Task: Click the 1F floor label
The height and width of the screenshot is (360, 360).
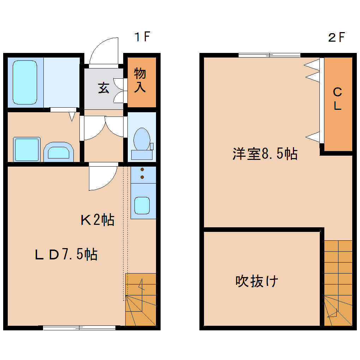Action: [x=143, y=37]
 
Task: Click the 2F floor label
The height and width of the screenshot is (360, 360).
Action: [x=336, y=37]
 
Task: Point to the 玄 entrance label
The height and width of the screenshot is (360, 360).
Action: [x=103, y=88]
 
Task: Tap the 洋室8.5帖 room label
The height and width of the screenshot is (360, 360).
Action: [x=265, y=154]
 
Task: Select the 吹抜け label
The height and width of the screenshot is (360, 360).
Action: [x=257, y=281]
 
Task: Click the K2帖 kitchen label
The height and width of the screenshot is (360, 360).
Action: [x=97, y=220]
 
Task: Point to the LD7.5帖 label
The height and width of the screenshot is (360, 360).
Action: [x=66, y=254]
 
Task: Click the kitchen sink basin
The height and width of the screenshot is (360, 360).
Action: [x=142, y=205]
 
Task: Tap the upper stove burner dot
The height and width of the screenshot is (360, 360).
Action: [x=143, y=170]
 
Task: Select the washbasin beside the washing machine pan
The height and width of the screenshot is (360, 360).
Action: [x=59, y=152]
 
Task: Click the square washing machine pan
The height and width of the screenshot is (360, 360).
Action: [x=26, y=150]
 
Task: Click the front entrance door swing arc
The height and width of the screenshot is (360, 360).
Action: [x=103, y=51]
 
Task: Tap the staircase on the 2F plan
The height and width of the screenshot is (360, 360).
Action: [x=338, y=282]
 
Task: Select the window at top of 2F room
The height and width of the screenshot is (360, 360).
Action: [x=269, y=55]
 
